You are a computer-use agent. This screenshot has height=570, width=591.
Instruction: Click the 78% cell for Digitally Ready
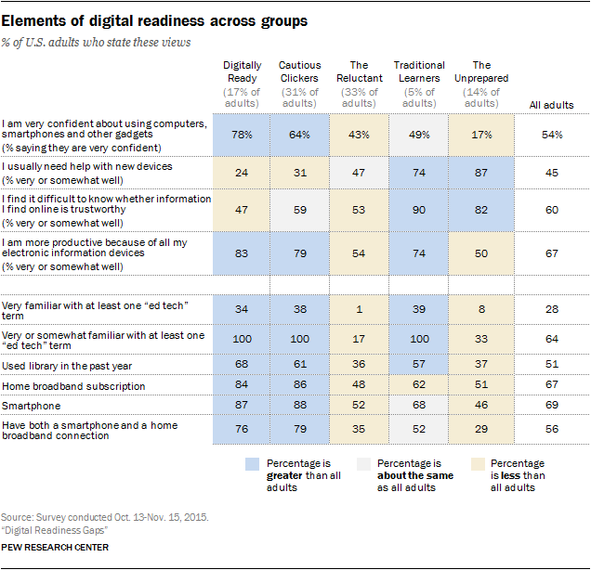(x=242, y=136)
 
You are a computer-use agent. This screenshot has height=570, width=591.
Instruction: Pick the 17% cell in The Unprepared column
(x=479, y=136)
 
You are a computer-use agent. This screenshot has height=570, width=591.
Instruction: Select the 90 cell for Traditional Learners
(x=419, y=210)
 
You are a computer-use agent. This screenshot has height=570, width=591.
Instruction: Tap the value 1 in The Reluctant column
(x=360, y=308)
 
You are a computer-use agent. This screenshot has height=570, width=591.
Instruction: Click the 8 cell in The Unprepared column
(x=479, y=308)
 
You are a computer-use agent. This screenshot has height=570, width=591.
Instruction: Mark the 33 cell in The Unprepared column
(x=479, y=338)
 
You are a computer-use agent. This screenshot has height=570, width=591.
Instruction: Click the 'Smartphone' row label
(x=33, y=405)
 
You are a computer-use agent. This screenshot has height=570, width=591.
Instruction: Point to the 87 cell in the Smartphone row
(x=242, y=405)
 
